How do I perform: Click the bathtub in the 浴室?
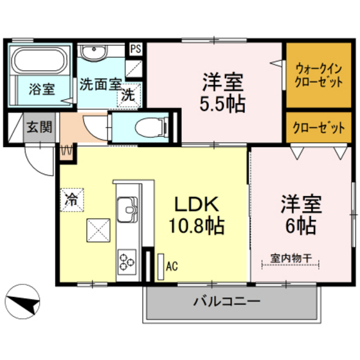click(x=40, y=62)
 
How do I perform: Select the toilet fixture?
click(x=148, y=125)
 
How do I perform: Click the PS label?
click(x=136, y=48)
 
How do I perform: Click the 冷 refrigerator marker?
click(x=73, y=199)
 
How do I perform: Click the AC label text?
click(x=172, y=264)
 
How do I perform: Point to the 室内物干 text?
click(x=291, y=258)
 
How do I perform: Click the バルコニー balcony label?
click(x=226, y=301)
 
